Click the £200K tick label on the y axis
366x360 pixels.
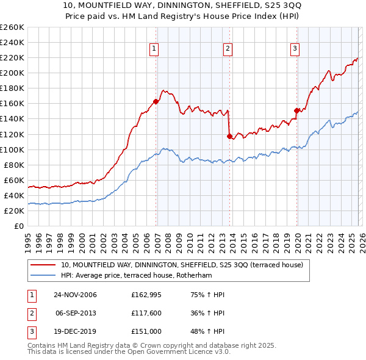tap(12, 73)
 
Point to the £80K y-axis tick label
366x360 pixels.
tap(13, 165)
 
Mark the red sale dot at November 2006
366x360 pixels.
tap(156, 101)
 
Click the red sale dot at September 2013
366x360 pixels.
tap(229, 136)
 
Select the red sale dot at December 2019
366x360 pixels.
tap(297, 110)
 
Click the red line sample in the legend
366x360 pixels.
tap(43, 265)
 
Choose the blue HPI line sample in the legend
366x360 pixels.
tap(43, 275)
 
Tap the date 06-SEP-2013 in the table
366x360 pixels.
tap(76, 314)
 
